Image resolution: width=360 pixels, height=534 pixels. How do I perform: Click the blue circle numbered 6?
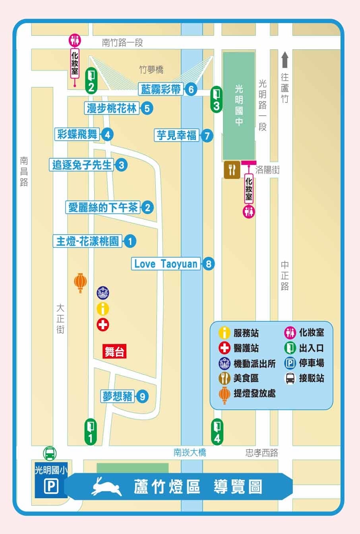(191, 89)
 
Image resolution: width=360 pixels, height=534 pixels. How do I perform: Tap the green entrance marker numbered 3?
(216, 99)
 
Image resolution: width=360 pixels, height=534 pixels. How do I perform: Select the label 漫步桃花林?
(112, 108)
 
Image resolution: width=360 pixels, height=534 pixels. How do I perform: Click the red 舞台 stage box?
(115, 352)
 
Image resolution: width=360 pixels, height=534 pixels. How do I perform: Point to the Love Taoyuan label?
(166, 264)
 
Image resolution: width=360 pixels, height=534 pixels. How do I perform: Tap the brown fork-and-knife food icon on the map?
(232, 170)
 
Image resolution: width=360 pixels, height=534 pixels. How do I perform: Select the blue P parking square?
(50, 487)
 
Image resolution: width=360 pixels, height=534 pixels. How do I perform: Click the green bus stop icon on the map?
(50, 453)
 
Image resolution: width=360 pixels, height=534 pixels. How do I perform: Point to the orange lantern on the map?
(80, 282)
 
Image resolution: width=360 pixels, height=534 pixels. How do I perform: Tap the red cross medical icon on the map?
(103, 325)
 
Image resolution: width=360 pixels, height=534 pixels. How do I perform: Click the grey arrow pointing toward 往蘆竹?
(285, 60)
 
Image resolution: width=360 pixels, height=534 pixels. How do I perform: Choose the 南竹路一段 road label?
(122, 43)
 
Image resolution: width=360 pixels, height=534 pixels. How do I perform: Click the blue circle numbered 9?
(142, 396)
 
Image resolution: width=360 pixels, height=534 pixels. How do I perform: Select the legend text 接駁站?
(312, 378)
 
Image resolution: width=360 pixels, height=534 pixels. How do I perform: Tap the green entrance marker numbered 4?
(217, 432)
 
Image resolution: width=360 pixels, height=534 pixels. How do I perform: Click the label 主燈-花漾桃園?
(87, 241)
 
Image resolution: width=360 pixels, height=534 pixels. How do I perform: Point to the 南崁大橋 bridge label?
(190, 452)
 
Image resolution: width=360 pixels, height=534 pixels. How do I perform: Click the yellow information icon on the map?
(103, 309)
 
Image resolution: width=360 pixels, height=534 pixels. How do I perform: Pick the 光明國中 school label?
(239, 105)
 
